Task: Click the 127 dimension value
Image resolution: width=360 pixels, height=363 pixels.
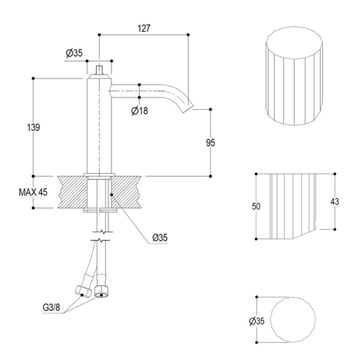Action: [144, 28]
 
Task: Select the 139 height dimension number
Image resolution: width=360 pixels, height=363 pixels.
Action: [34, 127]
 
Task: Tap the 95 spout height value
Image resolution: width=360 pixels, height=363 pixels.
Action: [210, 143]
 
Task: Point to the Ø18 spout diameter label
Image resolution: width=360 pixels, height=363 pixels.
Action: [140, 111]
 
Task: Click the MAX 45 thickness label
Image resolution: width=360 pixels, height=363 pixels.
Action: [33, 192]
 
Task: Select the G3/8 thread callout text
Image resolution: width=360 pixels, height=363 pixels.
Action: [52, 308]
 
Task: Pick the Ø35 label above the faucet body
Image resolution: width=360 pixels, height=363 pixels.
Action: [74, 53]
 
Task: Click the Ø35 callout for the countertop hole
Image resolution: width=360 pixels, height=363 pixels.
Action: [160, 237]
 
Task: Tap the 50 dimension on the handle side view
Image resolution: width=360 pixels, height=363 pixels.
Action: [256, 206]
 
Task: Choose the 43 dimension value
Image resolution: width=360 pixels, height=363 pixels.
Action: [335, 201]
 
